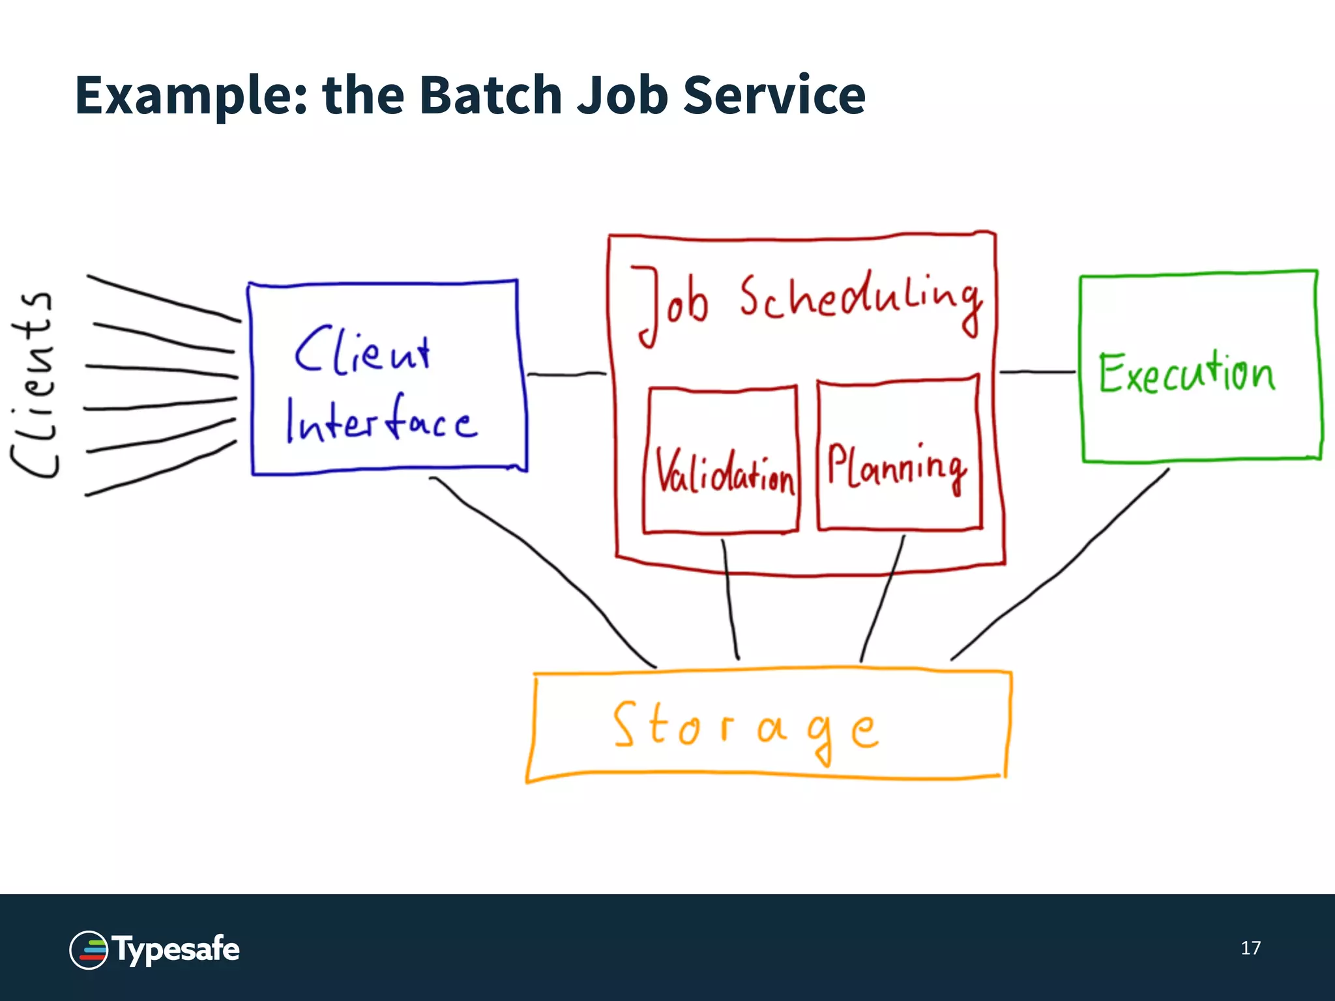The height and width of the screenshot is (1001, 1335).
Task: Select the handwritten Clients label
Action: click(x=33, y=384)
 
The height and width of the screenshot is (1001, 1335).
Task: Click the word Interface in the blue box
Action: click(x=381, y=420)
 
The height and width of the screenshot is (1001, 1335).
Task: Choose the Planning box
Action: click(x=898, y=456)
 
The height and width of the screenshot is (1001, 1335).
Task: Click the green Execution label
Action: click(x=1186, y=373)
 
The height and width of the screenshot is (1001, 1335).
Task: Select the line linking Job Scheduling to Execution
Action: click(x=1036, y=372)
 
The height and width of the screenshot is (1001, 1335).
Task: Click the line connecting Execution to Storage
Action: click(x=1063, y=567)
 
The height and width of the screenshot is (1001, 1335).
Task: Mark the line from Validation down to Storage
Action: click(x=730, y=600)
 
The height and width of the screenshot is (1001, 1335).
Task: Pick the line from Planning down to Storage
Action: click(x=883, y=596)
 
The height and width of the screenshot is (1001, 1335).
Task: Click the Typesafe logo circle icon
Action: click(x=89, y=950)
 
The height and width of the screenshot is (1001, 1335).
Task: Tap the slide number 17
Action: click(x=1250, y=948)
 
